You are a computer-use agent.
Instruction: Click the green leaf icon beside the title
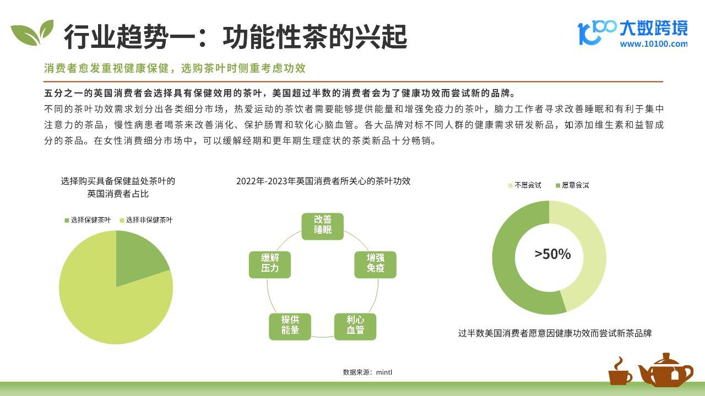[x=31, y=32]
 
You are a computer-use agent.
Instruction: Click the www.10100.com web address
[x=654, y=44]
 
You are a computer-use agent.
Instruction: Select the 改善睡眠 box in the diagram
[x=323, y=226]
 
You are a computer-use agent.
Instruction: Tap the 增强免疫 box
[x=375, y=265]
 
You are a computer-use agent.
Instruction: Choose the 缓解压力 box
[x=270, y=265]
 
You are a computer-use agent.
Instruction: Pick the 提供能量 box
[x=290, y=327]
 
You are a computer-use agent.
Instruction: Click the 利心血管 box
[x=355, y=327]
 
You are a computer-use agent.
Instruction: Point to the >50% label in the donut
[x=552, y=254]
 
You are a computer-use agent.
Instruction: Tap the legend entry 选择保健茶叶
[x=88, y=220]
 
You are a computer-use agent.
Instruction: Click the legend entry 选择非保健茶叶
[x=146, y=220]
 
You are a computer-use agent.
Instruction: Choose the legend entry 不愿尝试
[x=525, y=185]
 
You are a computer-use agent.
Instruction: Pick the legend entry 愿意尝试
[x=572, y=185]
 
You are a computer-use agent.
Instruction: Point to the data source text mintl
[x=384, y=372]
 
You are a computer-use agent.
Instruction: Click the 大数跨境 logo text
[x=654, y=28]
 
